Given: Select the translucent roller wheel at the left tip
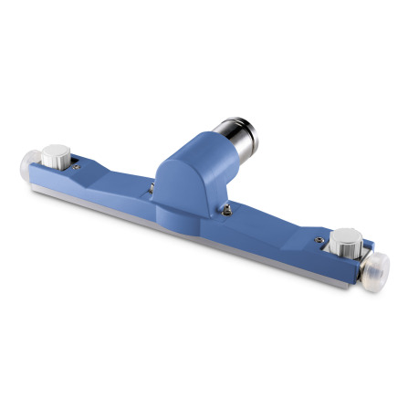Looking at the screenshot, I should pos(29,168).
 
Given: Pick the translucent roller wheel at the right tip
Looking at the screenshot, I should pos(375,269).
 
